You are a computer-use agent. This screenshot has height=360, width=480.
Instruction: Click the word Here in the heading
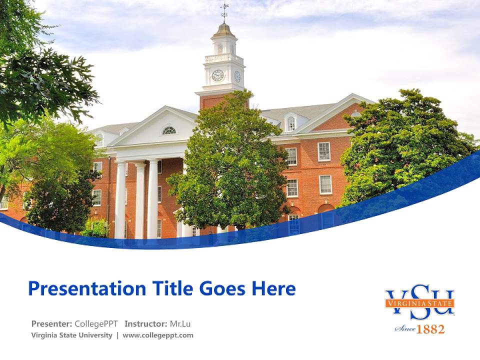click(273, 289)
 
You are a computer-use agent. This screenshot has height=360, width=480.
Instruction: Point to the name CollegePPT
click(96, 323)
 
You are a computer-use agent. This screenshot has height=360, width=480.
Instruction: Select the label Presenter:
click(51, 323)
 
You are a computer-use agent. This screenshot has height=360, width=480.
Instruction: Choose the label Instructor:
click(146, 323)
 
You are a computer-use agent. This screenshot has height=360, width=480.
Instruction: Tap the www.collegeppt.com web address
click(158, 335)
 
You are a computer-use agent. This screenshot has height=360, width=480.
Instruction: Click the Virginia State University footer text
click(71, 335)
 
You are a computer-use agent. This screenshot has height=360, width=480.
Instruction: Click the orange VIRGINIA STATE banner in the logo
click(419, 303)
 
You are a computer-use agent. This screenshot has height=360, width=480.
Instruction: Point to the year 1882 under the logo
click(430, 329)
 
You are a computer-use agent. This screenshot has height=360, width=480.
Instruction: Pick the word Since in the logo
click(405, 329)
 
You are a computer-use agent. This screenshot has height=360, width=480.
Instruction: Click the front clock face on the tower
click(217, 75)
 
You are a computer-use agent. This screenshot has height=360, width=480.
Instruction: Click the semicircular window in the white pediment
click(169, 130)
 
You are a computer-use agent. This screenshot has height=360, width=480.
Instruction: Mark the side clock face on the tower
click(237, 76)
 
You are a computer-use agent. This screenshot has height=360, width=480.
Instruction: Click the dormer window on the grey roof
click(290, 123)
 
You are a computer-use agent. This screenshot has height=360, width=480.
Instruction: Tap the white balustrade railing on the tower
click(223, 58)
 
